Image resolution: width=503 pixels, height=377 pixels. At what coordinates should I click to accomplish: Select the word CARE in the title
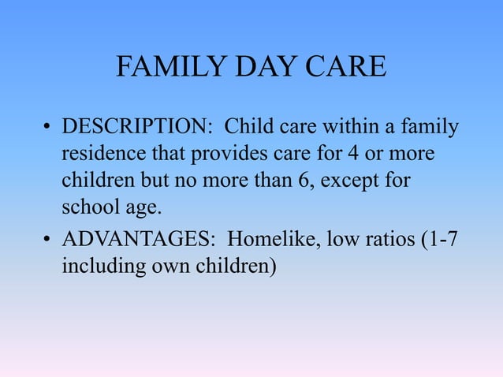tap(346, 67)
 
